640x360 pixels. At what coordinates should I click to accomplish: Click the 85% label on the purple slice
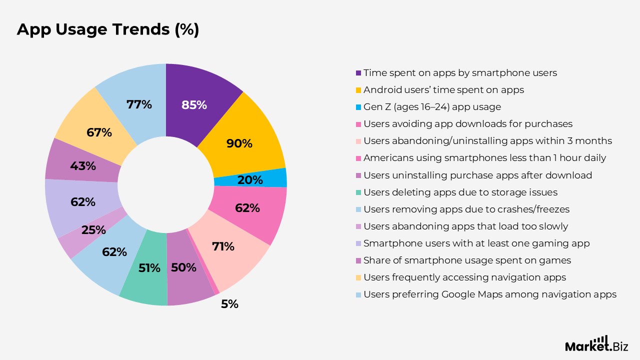(x=194, y=105)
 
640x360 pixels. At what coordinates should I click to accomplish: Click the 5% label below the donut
(x=229, y=303)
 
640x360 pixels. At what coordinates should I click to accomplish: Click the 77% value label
(x=139, y=104)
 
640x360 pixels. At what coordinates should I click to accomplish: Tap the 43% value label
(x=83, y=166)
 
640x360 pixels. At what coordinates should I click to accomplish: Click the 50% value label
(x=183, y=267)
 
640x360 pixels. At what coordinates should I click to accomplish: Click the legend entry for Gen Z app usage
(x=432, y=107)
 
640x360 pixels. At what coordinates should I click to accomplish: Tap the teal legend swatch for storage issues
(x=358, y=192)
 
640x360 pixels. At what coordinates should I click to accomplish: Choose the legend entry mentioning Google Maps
(x=489, y=294)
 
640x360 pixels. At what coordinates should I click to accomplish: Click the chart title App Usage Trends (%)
(x=108, y=29)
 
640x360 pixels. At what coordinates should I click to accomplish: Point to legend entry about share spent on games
(x=467, y=260)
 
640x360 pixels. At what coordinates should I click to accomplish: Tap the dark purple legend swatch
(x=358, y=73)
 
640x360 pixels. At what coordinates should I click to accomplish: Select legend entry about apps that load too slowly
(x=465, y=226)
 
